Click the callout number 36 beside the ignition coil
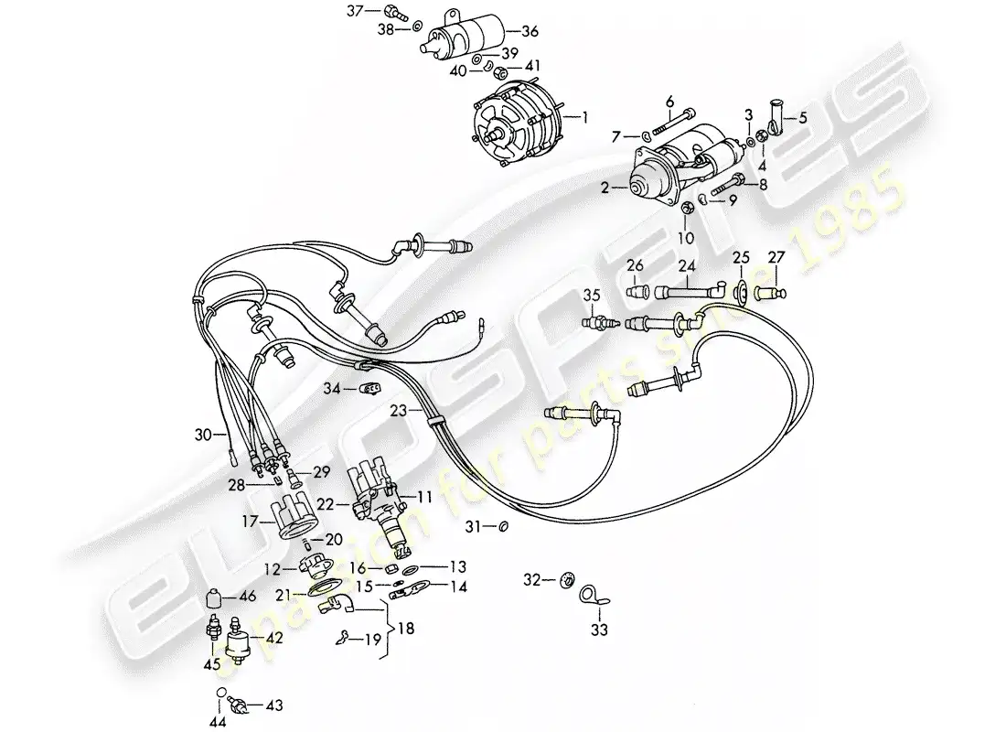[530, 31]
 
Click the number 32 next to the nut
[530, 579]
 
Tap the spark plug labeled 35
[599, 323]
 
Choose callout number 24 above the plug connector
[687, 265]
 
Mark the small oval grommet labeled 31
[502, 527]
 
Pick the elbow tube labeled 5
[776, 120]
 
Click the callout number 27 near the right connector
[776, 256]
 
